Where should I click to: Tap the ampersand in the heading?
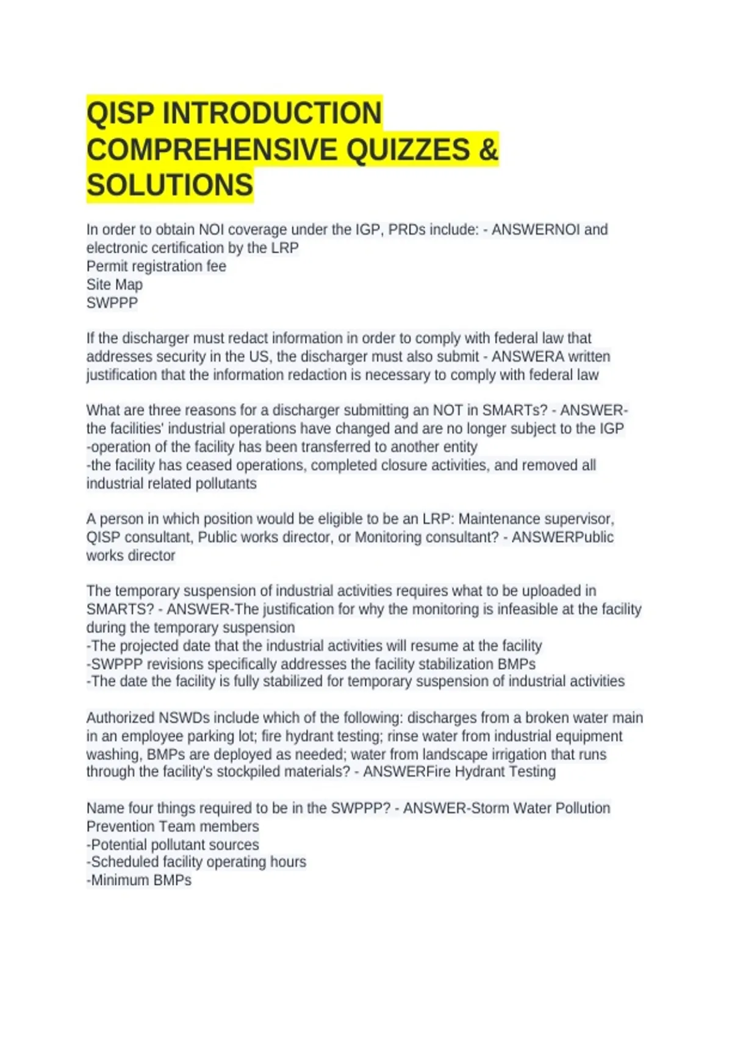click(489, 150)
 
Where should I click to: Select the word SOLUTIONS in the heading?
click(170, 185)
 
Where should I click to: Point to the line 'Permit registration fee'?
click(156, 267)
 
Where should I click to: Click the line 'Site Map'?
click(115, 285)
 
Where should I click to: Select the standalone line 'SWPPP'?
click(112, 303)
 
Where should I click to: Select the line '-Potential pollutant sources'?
click(173, 845)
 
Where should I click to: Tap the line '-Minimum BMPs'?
click(139, 880)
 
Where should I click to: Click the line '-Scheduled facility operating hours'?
click(196, 862)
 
